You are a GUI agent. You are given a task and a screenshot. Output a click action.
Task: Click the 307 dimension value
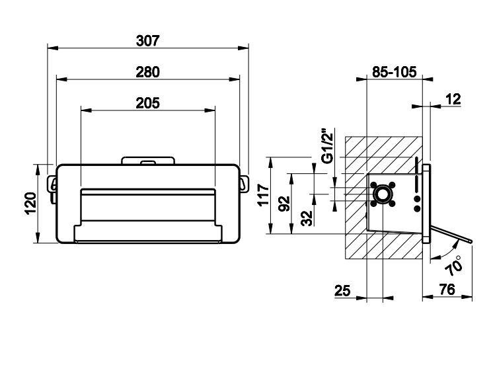pos(148,40)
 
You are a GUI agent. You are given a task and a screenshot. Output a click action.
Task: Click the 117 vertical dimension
pos(263,196)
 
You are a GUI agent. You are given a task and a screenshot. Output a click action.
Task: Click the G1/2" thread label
pos(326,146)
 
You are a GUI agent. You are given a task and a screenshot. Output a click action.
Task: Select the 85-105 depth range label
pos(394,73)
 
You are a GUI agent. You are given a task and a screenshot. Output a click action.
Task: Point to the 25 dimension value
pos(343,292)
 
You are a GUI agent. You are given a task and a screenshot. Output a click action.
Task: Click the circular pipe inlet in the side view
pos(383,194)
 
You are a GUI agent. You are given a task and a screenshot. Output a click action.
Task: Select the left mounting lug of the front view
pos(52,183)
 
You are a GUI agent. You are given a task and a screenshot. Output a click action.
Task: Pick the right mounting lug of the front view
pos(244,183)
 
